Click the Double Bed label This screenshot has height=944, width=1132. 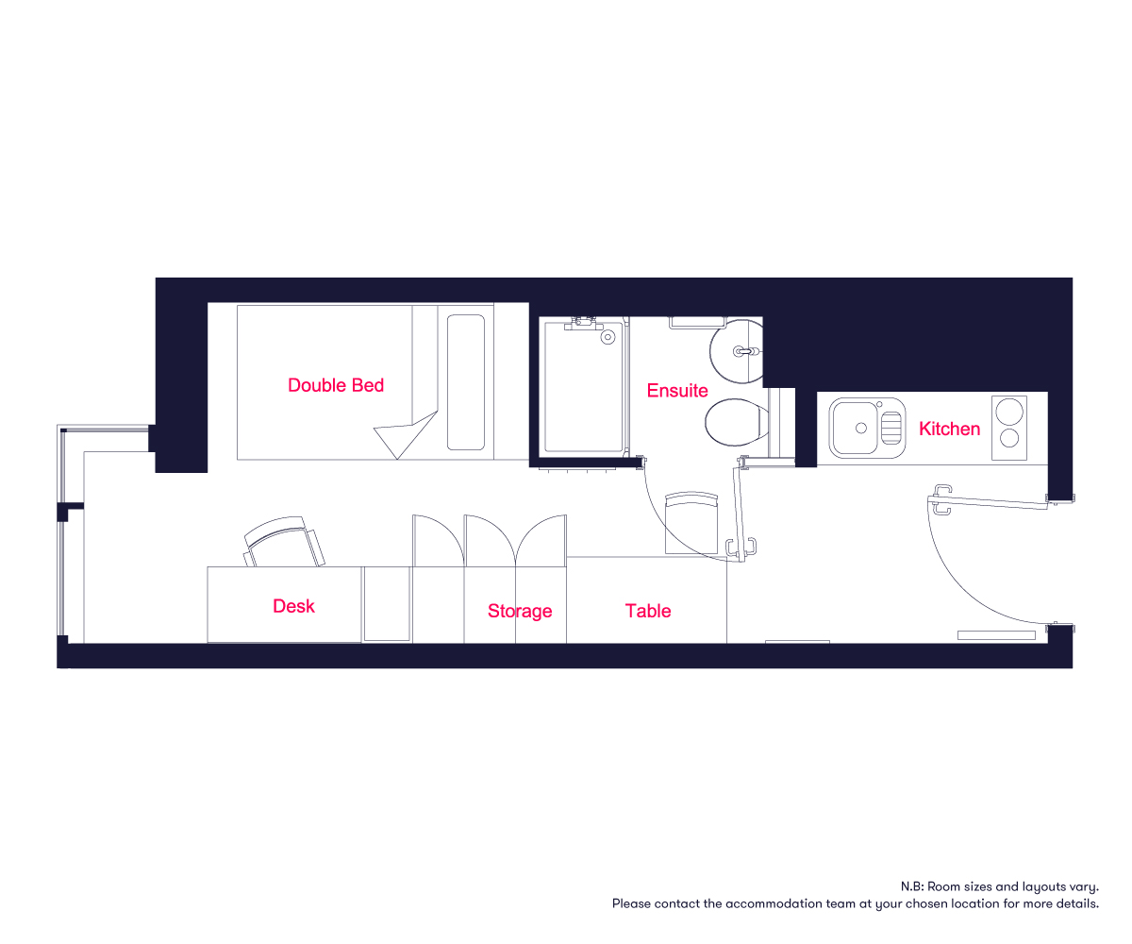336,385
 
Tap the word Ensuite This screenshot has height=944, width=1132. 677,391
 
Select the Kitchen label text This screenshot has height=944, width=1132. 949,429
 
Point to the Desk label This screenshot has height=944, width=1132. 293,606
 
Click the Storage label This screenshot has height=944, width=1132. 520,612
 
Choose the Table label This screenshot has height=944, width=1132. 648,611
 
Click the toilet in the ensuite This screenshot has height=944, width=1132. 737,422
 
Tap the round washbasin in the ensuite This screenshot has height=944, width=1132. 736,351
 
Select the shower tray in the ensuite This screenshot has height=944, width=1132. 583,387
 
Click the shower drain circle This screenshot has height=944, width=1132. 608,337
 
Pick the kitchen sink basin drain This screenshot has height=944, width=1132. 861,428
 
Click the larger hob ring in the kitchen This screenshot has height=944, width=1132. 1009,411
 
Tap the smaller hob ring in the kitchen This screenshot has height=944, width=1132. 1009,438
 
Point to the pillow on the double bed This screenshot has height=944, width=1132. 466,382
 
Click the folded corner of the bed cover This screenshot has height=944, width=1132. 407,434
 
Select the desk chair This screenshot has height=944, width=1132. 284,542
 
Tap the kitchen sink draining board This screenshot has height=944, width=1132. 891,428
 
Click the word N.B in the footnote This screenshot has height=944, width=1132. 912,886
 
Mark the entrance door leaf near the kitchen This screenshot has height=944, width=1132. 988,502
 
